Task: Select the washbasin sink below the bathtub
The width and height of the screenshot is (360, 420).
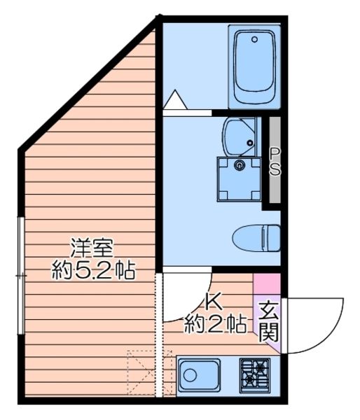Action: tap(240, 136)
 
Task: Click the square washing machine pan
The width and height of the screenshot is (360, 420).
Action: tap(240, 178)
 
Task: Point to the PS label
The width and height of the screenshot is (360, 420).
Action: tap(275, 162)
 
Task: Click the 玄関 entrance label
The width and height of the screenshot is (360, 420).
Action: tap(268, 320)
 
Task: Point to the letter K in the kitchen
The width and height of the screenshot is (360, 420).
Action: tap(214, 302)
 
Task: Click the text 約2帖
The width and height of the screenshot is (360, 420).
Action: tap(214, 323)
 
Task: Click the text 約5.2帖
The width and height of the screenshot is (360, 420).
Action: tap(93, 269)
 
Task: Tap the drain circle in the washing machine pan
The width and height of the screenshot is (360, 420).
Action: tap(240, 166)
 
